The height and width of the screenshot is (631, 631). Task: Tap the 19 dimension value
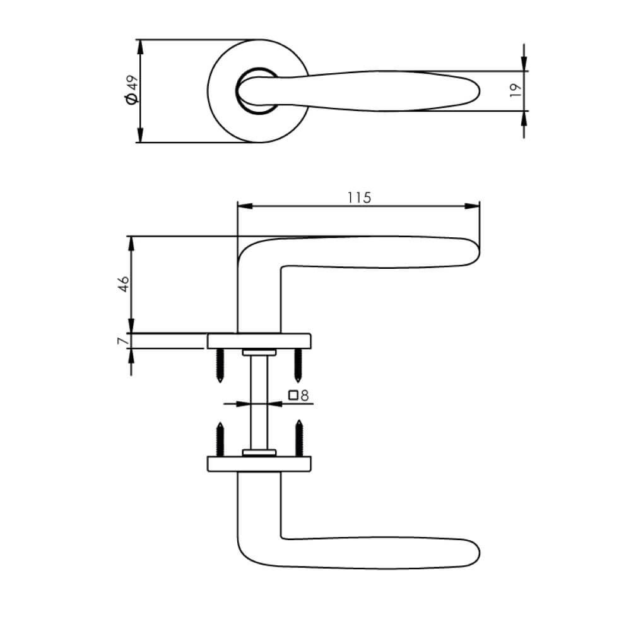[515, 90]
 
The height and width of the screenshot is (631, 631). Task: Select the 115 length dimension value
[358, 197]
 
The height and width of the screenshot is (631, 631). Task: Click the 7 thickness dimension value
[124, 341]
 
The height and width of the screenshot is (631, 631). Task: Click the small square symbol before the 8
[293, 396]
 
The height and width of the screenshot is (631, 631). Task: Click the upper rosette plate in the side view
[259, 340]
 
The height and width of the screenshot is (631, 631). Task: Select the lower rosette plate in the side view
[259, 464]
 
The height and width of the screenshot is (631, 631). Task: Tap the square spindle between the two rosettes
[259, 401]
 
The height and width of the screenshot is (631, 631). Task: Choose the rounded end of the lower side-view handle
[475, 553]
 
